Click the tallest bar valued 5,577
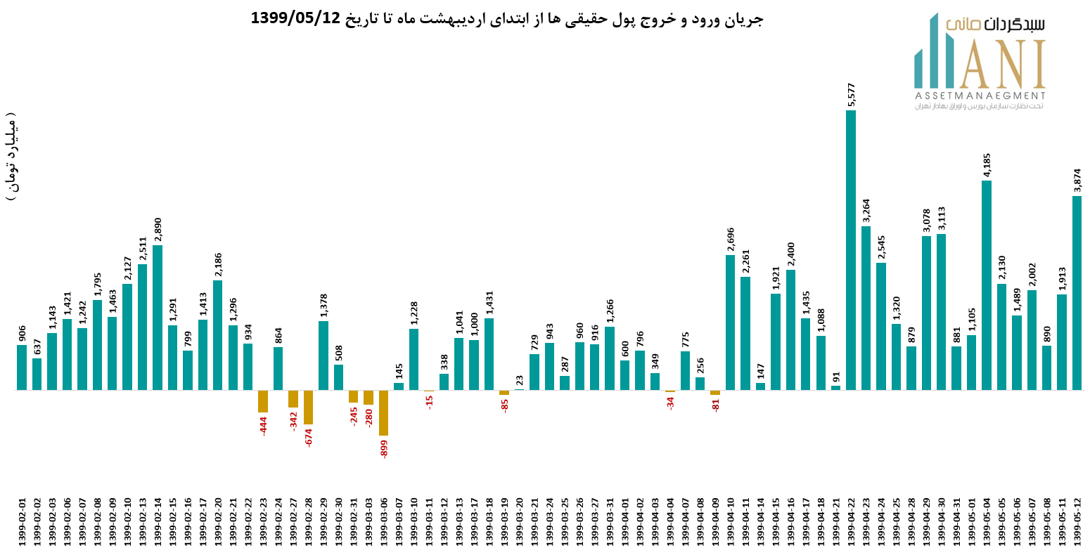(x=850, y=249)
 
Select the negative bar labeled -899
(x=383, y=412)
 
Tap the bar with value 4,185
(x=986, y=285)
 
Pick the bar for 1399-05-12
(x=1077, y=292)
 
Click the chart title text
(x=506, y=18)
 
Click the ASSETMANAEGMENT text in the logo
(x=980, y=96)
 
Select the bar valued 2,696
(x=730, y=322)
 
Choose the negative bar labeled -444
(x=263, y=401)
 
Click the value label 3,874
(x=1077, y=181)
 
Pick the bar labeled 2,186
(x=218, y=334)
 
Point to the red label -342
(x=293, y=420)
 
